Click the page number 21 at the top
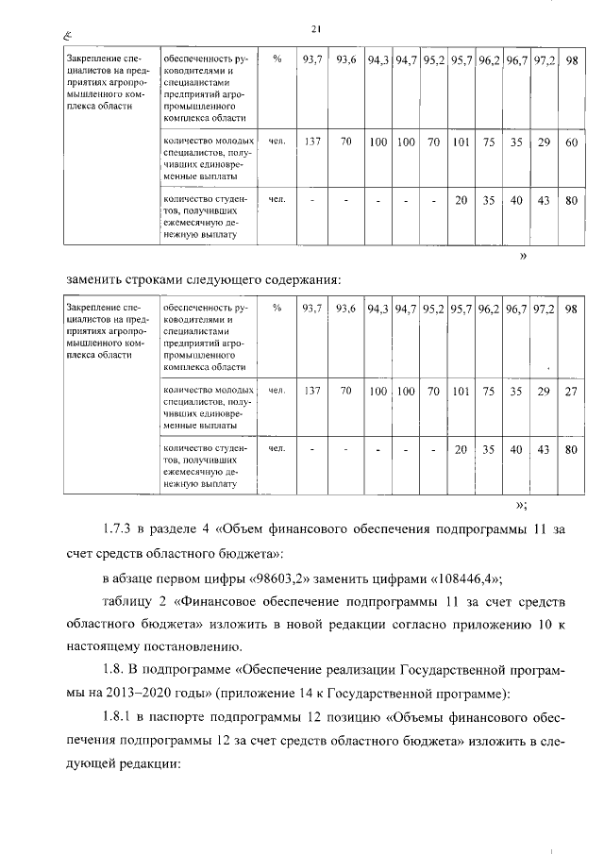coord(316,29)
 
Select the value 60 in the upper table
coord(570,142)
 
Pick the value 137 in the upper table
coord(310,142)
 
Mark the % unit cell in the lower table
coord(277,309)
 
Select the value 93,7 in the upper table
coord(310,59)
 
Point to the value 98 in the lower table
coord(570,309)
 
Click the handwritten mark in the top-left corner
coord(67,37)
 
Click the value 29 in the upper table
coord(543,142)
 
